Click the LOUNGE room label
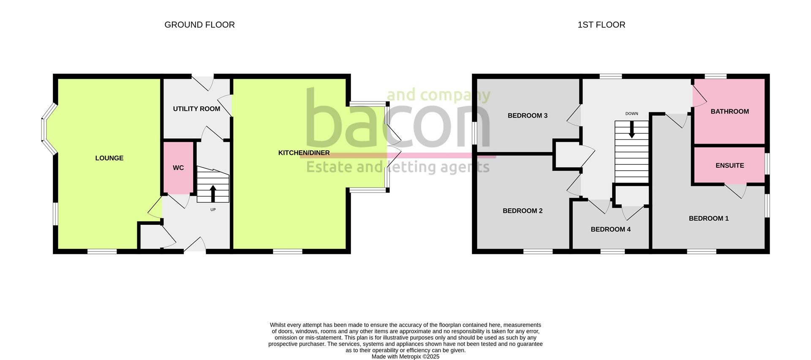point(109,158)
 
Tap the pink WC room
point(178,168)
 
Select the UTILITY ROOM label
point(196,109)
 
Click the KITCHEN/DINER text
point(304,153)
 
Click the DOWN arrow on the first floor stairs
point(631,130)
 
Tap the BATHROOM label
point(729,112)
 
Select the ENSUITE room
point(729,165)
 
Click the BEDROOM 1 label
point(708,218)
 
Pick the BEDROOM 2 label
point(523,211)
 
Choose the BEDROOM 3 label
point(527,115)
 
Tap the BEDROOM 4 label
point(610,229)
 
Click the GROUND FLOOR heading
point(199,25)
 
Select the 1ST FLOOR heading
point(601,25)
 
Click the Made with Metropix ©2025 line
point(405,357)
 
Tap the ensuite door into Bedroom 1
point(735,191)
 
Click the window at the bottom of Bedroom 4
point(612,251)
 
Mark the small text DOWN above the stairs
point(631,114)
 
